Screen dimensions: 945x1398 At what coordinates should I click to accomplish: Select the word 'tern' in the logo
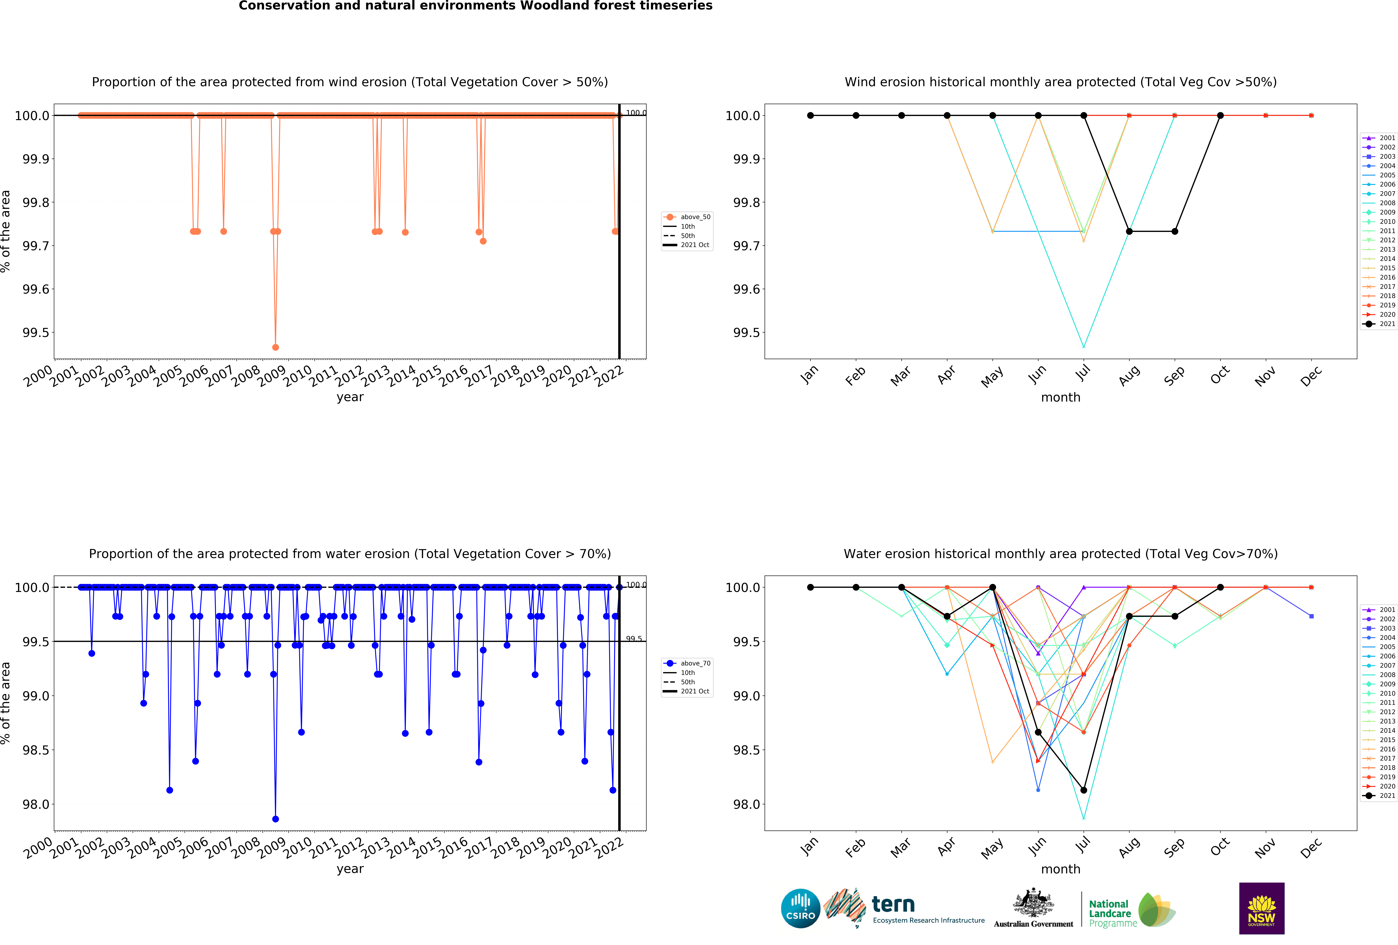click(893, 904)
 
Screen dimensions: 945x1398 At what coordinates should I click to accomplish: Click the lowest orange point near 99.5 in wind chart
click(276, 347)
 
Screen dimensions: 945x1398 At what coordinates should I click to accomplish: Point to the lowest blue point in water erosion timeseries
click(276, 819)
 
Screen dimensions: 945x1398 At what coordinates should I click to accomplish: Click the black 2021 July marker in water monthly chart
click(1083, 790)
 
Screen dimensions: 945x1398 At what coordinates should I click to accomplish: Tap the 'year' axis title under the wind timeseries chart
click(350, 397)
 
